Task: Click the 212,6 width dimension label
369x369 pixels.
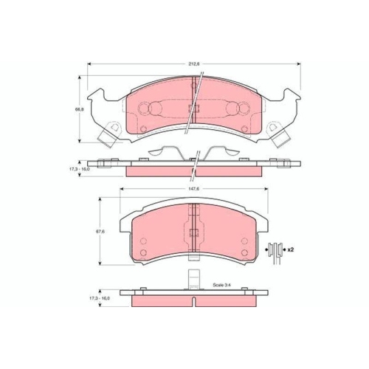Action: coord(194,64)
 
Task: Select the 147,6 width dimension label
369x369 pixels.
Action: coord(194,189)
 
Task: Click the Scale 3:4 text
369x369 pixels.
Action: coord(221,285)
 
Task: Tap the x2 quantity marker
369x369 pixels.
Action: coord(291,249)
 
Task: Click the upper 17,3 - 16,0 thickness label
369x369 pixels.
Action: coord(79,169)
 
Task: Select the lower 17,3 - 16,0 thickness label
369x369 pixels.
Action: coord(100,298)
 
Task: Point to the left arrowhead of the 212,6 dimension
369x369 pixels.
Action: coord(89,64)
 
